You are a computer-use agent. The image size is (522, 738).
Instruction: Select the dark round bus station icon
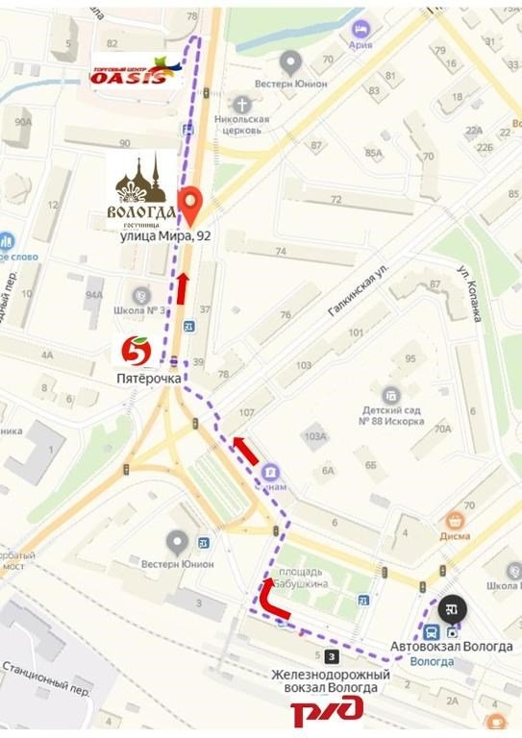pos(450,608)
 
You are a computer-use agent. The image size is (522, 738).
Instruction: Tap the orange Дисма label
pos(456,538)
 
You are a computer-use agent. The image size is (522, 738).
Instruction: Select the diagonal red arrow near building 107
pos(245,449)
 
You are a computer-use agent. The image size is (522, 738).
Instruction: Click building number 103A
pos(316,435)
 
